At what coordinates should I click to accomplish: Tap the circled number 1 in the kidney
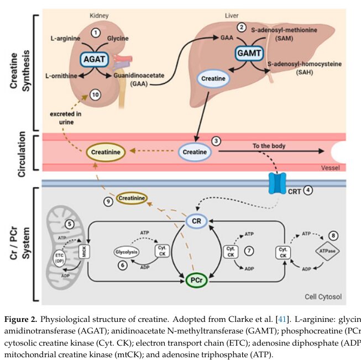pyautogui.click(x=96, y=33)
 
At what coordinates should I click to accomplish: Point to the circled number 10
pyautogui.click(x=96, y=95)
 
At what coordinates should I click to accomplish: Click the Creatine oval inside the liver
pyautogui.click(x=213, y=79)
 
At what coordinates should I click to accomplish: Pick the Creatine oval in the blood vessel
pyautogui.click(x=195, y=151)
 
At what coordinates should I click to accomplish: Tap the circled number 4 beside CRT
pyautogui.click(x=308, y=189)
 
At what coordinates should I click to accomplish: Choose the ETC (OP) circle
pyautogui.click(x=59, y=258)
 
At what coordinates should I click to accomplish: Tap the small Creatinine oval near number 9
pyautogui.click(x=130, y=198)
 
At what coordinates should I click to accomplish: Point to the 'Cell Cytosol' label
pyautogui.click(x=322, y=297)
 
